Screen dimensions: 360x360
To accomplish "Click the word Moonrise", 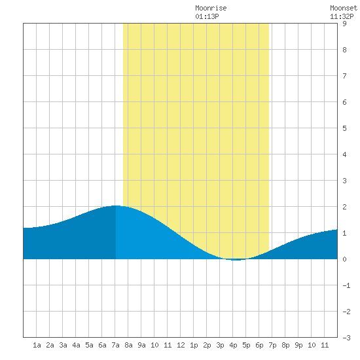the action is pos(211,8).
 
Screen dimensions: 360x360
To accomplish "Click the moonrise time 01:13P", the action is pos(207,16).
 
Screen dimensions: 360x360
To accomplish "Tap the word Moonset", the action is pos(344,8).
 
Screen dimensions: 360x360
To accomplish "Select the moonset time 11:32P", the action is pos(342,16).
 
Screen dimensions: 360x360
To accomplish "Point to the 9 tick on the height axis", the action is pos(344,24).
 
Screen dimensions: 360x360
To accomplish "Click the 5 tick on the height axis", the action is pos(344,128).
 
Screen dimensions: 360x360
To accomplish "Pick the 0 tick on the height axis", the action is pos(344,259).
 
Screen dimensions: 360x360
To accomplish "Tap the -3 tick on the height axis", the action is pos(346,338).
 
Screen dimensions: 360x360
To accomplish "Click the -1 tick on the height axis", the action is pos(346,285).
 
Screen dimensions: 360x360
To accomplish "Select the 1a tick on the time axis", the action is pos(37,345).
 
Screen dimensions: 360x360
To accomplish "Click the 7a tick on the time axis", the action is pos(115,345).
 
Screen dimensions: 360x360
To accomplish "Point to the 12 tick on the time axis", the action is pos(181,345).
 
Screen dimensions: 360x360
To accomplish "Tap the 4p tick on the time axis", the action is pos(233,345).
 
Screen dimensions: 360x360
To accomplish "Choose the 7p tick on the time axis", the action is pos(272,345).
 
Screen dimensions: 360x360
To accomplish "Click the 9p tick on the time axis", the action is pos(298,345).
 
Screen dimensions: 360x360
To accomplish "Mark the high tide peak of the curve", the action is pos(115,206).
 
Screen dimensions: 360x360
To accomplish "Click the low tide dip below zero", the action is pos(236,260).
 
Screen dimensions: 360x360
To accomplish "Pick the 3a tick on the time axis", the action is pos(63,345).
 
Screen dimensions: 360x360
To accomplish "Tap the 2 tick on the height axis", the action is pos(344,207).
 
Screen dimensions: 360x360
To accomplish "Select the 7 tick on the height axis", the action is pos(344,76).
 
